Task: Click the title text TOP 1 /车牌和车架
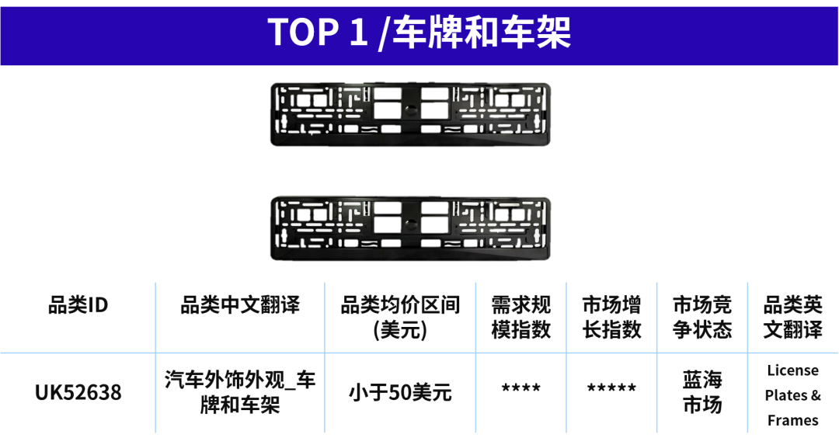419,33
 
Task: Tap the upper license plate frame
410,114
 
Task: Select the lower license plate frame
410,228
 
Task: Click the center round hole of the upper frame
410,110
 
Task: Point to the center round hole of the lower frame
410,224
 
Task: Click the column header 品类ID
78,305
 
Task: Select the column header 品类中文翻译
240,305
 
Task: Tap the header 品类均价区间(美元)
400,317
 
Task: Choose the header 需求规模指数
521,317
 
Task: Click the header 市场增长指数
611,317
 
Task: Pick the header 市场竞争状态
702,317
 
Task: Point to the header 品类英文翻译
793,317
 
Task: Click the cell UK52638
78,392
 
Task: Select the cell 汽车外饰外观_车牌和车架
240,392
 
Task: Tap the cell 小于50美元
400,393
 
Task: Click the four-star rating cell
521,388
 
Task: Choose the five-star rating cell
611,388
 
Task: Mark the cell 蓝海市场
702,392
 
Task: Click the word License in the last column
793,370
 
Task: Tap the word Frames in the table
793,420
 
